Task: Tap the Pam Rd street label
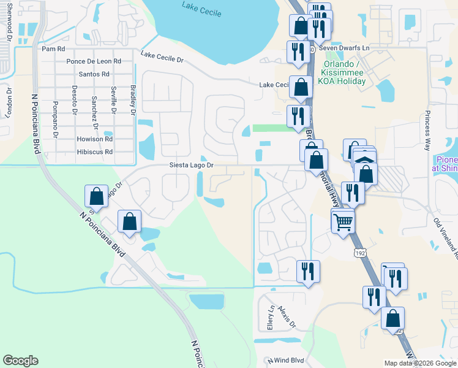pyautogui.click(x=53, y=48)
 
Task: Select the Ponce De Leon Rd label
pyautogui.click(x=94, y=61)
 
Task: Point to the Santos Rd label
pyautogui.click(x=94, y=74)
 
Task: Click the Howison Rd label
pyautogui.click(x=95, y=139)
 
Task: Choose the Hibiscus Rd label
pyautogui.click(x=95, y=151)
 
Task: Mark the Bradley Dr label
pyautogui.click(x=133, y=99)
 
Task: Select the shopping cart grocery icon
pyautogui.click(x=343, y=220)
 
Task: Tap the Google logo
pyautogui.click(x=20, y=361)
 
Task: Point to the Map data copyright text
pyautogui.click(x=419, y=363)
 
